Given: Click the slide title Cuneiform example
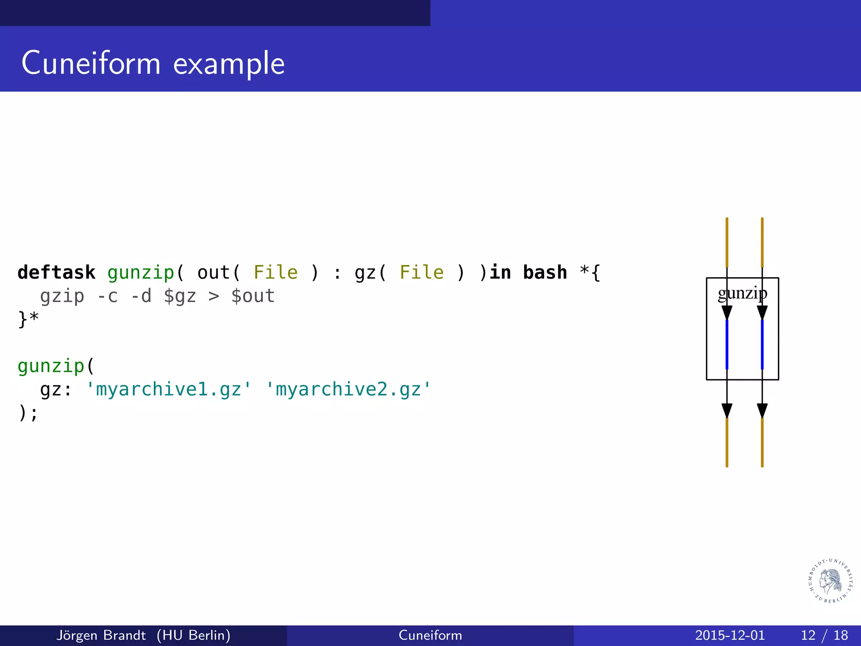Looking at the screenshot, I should (153, 63).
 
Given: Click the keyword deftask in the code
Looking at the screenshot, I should (56, 273).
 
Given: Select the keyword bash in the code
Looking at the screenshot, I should (545, 273).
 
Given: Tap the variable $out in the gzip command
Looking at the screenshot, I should (253, 296).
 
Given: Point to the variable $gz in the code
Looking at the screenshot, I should (180, 296).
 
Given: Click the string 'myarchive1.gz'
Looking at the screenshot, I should (168, 389).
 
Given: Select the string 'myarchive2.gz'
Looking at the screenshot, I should (348, 389).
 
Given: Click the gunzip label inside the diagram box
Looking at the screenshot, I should (742, 293).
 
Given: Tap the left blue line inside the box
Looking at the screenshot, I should (727, 345).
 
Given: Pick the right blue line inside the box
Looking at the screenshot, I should (762, 345).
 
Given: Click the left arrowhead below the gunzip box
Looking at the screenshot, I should (727, 410).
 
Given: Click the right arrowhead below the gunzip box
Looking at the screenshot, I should (762, 410).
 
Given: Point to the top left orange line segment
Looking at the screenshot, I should (727, 242).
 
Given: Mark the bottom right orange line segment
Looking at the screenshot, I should (762, 442).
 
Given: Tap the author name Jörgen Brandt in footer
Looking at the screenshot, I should (101, 635).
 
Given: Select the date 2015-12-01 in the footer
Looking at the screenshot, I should (730, 635).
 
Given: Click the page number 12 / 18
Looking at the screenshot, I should (824, 635).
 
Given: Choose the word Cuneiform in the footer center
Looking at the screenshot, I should (430, 635).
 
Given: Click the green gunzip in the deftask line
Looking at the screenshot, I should (141, 273).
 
